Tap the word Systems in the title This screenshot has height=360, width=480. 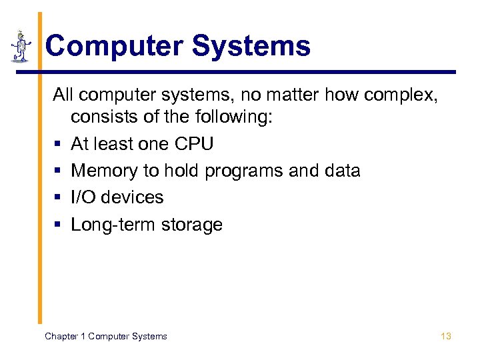(251, 46)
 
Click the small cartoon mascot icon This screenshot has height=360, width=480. (21, 46)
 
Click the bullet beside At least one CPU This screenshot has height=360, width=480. (58, 145)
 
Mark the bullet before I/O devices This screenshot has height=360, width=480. (58, 198)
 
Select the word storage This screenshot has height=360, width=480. (193, 225)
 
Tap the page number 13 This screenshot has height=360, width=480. (446, 336)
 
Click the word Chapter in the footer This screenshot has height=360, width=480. (61, 336)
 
